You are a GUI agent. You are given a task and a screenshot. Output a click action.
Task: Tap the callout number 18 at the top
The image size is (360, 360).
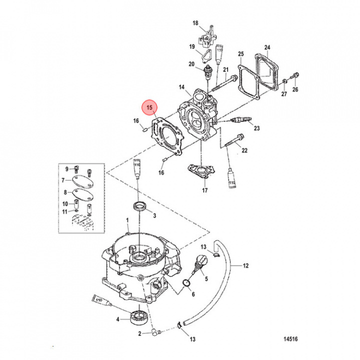[x=196, y=23]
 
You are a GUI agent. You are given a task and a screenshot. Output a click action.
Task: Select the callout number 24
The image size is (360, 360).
[x=267, y=48]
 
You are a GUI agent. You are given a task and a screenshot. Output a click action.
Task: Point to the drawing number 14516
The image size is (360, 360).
[x=290, y=339]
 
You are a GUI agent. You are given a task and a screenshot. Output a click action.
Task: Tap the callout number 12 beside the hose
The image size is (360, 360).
[x=246, y=265]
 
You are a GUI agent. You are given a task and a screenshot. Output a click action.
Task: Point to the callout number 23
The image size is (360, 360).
[x=257, y=128]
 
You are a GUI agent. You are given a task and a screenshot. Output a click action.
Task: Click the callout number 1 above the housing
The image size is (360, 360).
[x=127, y=220]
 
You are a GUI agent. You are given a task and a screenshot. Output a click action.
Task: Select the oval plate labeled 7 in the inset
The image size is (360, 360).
[x=81, y=180]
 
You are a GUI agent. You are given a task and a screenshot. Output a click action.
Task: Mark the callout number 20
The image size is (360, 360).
[x=191, y=64]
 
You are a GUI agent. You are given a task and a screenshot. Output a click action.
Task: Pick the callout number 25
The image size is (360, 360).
[x=240, y=53]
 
